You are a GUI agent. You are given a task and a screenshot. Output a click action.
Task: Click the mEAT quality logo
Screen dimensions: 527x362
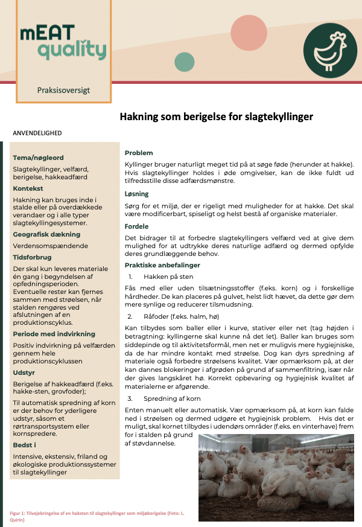pyautogui.click(x=63, y=42)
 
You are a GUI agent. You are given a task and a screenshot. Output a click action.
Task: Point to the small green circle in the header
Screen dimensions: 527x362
pyautogui.click(x=184, y=62)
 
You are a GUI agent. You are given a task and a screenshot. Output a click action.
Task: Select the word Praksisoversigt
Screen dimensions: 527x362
pyautogui.click(x=63, y=90)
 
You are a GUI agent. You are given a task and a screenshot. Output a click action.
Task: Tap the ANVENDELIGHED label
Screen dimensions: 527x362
pyautogui.click(x=37, y=133)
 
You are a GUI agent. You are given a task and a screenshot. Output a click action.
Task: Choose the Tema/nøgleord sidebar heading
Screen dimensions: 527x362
pyautogui.click(x=39, y=158)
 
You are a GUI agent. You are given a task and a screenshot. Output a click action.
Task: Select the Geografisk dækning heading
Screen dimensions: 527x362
pyautogui.click(x=46, y=234)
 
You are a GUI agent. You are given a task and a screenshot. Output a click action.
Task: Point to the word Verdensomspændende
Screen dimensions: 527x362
pyautogui.click(x=51, y=246)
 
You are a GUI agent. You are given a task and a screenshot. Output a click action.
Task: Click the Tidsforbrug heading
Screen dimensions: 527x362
pyautogui.click(x=33, y=257)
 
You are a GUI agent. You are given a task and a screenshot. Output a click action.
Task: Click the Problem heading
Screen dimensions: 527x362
pyautogui.click(x=139, y=153)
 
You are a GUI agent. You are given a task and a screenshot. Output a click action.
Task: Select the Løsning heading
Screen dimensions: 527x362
pyautogui.click(x=137, y=194)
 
